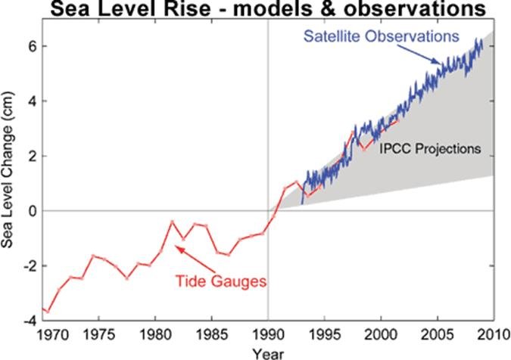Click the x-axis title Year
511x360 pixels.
click(269, 352)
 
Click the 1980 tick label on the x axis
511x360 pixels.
click(154, 334)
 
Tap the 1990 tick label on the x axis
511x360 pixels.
click(268, 334)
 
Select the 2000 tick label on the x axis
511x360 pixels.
click(381, 334)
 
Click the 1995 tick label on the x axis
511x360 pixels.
click(324, 334)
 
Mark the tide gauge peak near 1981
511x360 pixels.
click(172, 222)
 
